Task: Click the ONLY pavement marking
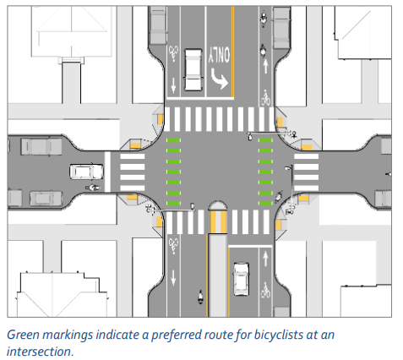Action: pyautogui.click(x=219, y=55)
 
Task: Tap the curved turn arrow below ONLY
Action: pyautogui.click(x=219, y=79)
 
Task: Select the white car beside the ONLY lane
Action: pyautogui.click(x=193, y=70)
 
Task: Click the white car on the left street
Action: pyautogui.click(x=86, y=172)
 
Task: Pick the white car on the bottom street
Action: pyautogui.click(x=242, y=279)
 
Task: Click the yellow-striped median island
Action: pyautogui.click(x=217, y=217)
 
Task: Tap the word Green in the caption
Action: pyautogui.click(x=23, y=335)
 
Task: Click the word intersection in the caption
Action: pyautogui.click(x=41, y=352)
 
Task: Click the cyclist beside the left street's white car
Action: pyautogui.click(x=93, y=187)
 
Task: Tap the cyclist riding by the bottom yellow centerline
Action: pyautogui.click(x=200, y=297)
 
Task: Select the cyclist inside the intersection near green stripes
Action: pyautogui.click(x=279, y=196)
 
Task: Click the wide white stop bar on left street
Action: pyautogui.click(x=107, y=172)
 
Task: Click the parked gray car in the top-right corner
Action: pyautogui.click(x=281, y=28)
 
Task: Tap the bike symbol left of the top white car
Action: pyautogui.click(x=173, y=53)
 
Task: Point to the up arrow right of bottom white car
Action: pyautogui.click(x=265, y=259)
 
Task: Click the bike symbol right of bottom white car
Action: pyautogui.click(x=265, y=290)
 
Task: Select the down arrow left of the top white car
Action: pyautogui.click(x=173, y=85)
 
